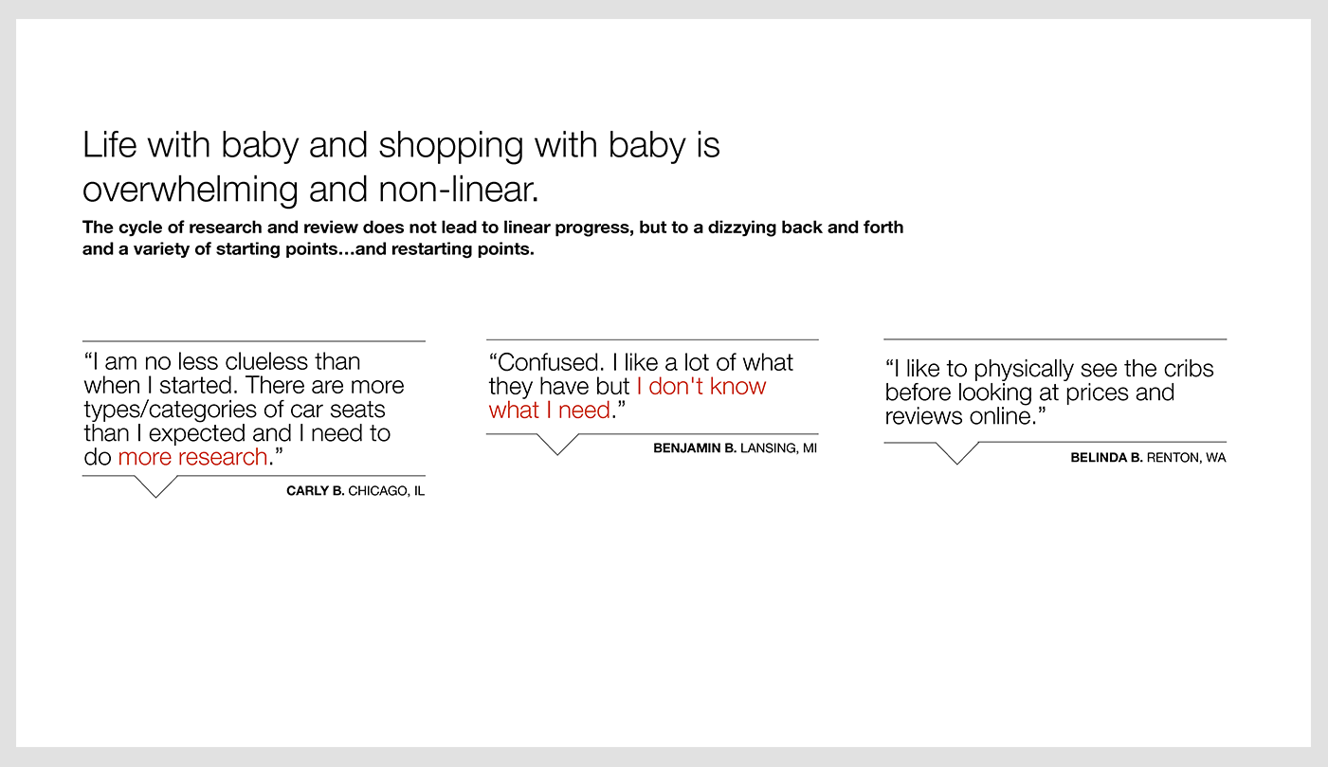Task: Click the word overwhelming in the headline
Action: [190, 191]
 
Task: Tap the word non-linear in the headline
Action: [458, 190]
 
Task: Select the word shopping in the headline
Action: [450, 146]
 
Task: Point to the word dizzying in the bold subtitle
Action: [741, 228]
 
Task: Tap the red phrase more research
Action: [192, 457]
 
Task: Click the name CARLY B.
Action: [315, 490]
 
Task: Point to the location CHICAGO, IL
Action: [387, 491]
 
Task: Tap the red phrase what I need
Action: [549, 410]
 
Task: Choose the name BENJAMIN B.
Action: [694, 447]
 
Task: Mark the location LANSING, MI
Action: [778, 448]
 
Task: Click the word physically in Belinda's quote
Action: [1023, 370]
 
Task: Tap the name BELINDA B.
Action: [1106, 457]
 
